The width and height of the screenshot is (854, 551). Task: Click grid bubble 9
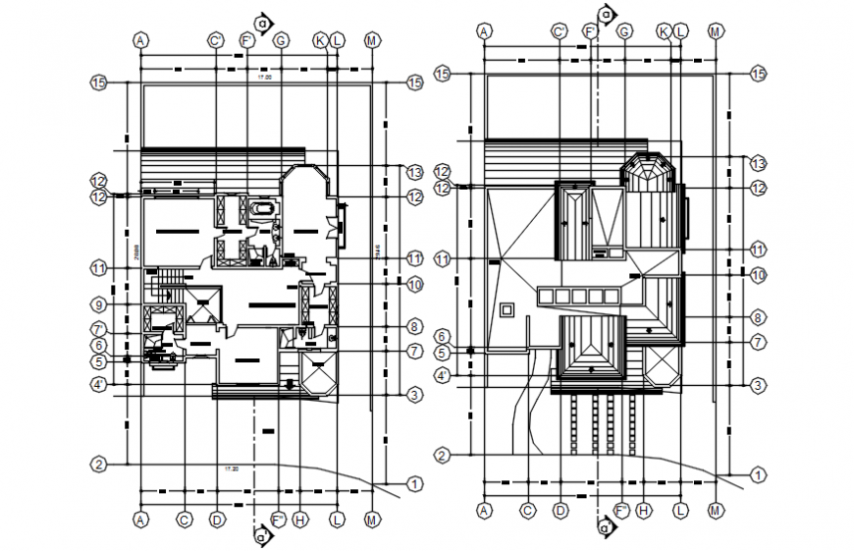(98, 303)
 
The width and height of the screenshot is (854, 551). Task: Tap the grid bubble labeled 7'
(98, 329)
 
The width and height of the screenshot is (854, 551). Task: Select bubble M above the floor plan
(372, 40)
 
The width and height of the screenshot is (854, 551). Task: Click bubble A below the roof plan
(484, 509)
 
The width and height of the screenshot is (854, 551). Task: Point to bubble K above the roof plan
(665, 31)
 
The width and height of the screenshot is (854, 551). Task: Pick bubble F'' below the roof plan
(621, 510)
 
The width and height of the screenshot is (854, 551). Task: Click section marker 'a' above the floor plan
(261, 21)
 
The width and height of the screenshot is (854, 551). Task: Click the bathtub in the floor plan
(262, 209)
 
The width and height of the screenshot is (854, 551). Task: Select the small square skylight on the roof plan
(507, 310)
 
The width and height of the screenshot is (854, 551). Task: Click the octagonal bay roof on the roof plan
(647, 170)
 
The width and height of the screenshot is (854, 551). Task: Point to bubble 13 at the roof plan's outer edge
(757, 161)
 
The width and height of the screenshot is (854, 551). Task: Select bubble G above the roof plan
(623, 31)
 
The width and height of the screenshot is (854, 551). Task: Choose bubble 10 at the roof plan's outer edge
(757, 276)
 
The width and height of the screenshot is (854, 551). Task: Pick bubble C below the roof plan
(527, 509)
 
